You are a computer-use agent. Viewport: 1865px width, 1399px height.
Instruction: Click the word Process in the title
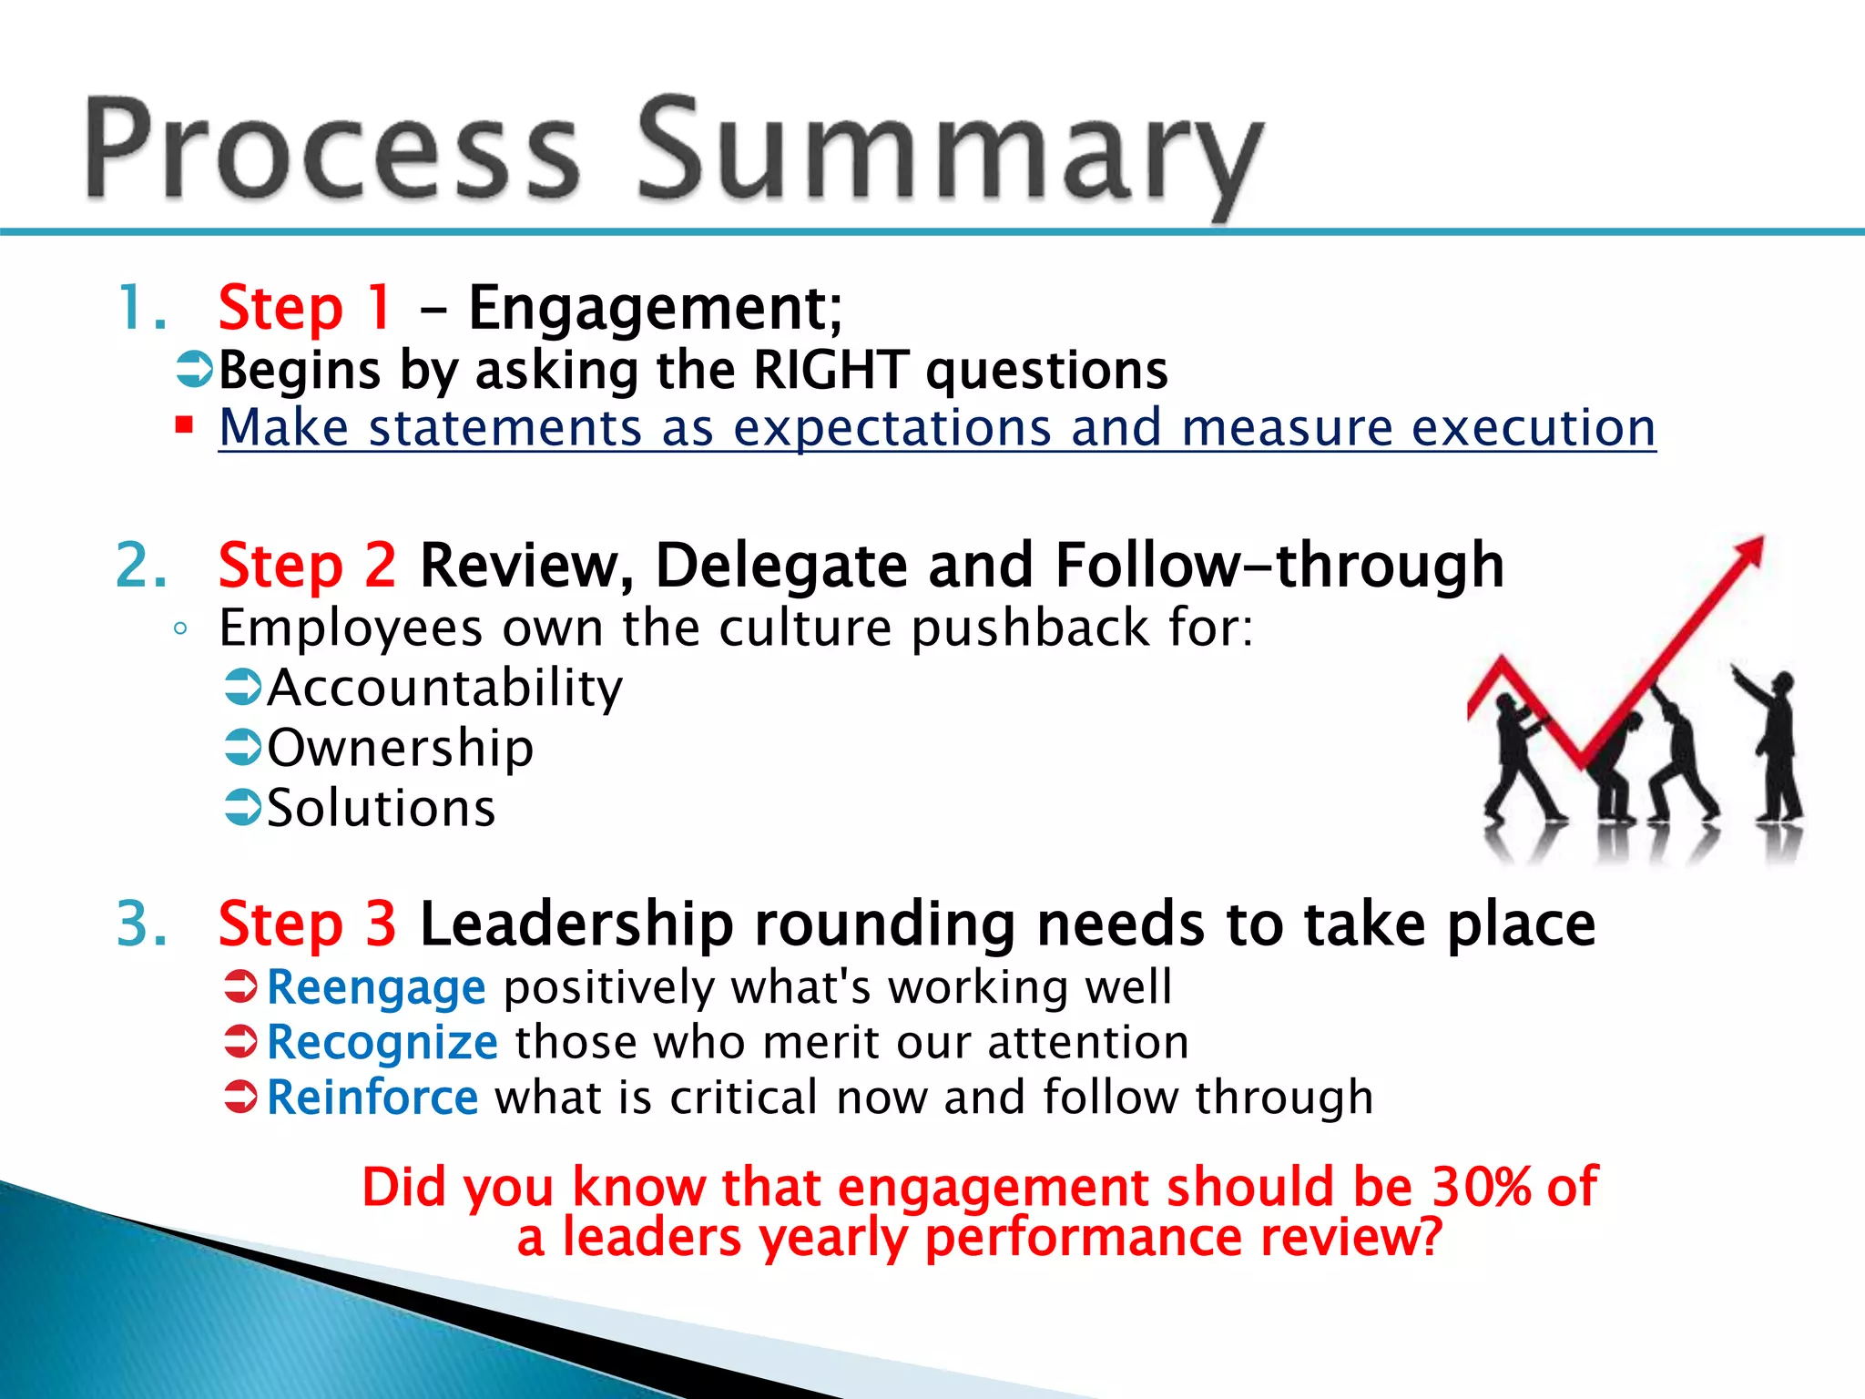[332, 150]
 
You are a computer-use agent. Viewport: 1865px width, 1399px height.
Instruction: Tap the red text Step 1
[305, 308]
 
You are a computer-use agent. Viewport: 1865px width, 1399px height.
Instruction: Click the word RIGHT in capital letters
[831, 371]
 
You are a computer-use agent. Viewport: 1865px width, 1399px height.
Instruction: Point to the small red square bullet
[185, 424]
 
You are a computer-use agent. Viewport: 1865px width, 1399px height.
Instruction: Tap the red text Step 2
[307, 566]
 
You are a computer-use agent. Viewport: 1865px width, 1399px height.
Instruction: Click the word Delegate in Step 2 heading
[780, 566]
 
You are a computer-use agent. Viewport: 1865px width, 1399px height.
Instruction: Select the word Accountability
[444, 688]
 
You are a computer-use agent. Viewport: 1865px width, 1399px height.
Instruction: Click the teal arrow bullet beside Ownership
[243, 748]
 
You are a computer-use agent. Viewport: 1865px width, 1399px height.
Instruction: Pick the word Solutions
[381, 808]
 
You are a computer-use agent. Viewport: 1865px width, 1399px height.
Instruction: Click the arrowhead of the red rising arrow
[1750, 552]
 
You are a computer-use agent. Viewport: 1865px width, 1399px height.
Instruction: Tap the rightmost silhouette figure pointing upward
[1776, 747]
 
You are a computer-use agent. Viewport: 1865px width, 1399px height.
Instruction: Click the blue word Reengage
[376, 987]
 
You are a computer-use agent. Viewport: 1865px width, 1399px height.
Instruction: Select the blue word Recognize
[382, 1042]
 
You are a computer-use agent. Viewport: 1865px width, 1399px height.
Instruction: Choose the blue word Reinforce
[372, 1098]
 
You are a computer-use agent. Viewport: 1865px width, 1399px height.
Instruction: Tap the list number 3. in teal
[142, 924]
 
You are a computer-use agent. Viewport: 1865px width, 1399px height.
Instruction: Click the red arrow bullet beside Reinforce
[242, 1097]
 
